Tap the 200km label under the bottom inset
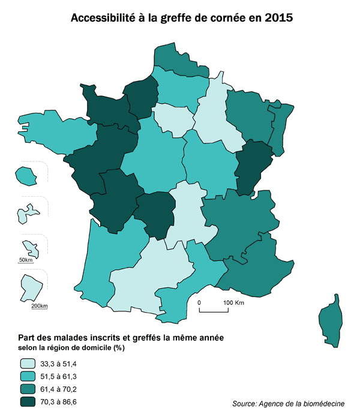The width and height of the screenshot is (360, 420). click(x=39, y=306)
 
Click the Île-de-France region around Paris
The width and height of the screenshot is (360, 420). click(x=175, y=118)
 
